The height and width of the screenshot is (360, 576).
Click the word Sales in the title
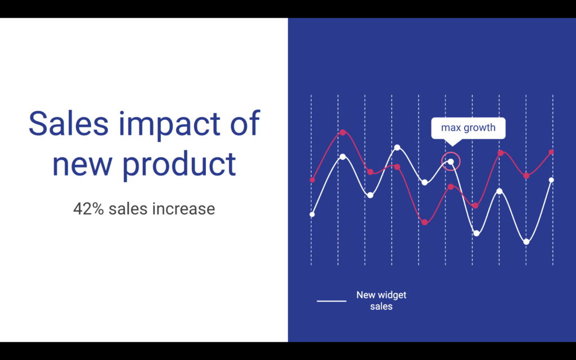pyautogui.click(x=68, y=123)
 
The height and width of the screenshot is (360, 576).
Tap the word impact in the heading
pyautogui.click(x=169, y=125)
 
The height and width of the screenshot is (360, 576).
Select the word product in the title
pyautogui.click(x=179, y=164)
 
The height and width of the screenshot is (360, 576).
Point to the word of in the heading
pyautogui.click(x=245, y=123)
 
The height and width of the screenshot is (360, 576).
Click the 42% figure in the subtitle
pyautogui.click(x=88, y=209)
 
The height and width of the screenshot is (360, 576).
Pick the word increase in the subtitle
pyautogui.click(x=184, y=209)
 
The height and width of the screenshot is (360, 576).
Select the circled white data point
pyautogui.click(x=451, y=161)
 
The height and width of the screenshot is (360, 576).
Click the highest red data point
pyautogui.click(x=343, y=132)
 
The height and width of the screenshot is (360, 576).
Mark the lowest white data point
pyautogui.click(x=526, y=242)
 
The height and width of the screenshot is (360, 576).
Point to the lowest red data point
pyautogui.click(x=425, y=222)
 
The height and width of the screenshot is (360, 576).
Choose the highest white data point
pyautogui.click(x=397, y=147)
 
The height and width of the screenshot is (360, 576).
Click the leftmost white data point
pyautogui.click(x=312, y=214)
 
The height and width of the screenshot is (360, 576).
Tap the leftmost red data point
pyautogui.click(x=312, y=180)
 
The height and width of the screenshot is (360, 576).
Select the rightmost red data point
pyautogui.click(x=551, y=152)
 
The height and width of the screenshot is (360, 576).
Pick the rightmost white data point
pyautogui.click(x=551, y=180)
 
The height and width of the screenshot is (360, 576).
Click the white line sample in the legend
pyautogui.click(x=331, y=301)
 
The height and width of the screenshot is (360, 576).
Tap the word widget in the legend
pyautogui.click(x=391, y=295)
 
